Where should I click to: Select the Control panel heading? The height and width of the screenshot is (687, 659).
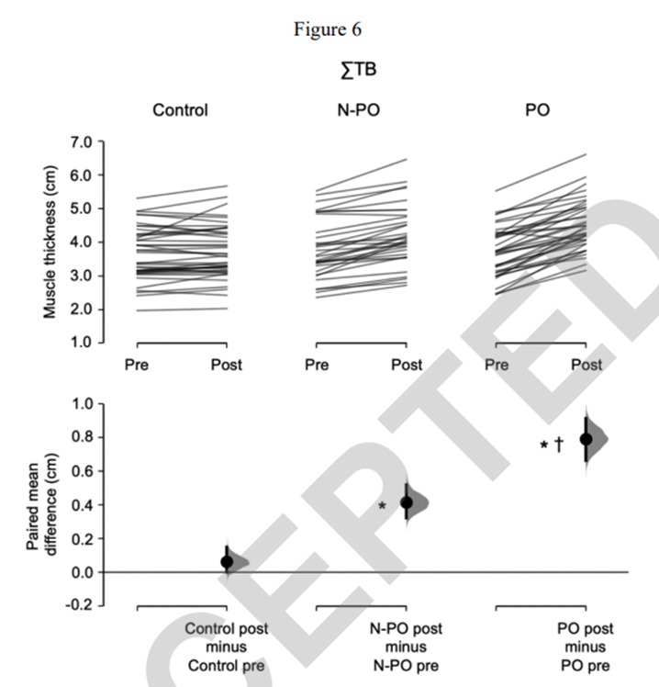[180, 111]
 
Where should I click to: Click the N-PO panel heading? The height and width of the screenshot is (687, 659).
[361, 111]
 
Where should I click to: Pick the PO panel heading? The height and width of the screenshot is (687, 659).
[540, 111]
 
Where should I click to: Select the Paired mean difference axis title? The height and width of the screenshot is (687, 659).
[44, 504]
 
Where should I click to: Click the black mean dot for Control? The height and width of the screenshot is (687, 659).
[227, 561]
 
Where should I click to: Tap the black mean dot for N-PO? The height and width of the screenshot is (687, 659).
[407, 502]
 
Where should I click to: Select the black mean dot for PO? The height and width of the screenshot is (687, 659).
[586, 439]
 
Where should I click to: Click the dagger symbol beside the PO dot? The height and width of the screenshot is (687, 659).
[558, 445]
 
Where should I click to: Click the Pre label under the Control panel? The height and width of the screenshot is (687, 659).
[137, 366]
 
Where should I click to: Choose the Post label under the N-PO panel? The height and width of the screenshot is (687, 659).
[407, 366]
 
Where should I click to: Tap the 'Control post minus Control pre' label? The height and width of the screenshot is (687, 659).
[226, 647]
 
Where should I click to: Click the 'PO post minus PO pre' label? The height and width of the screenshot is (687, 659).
[586, 647]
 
